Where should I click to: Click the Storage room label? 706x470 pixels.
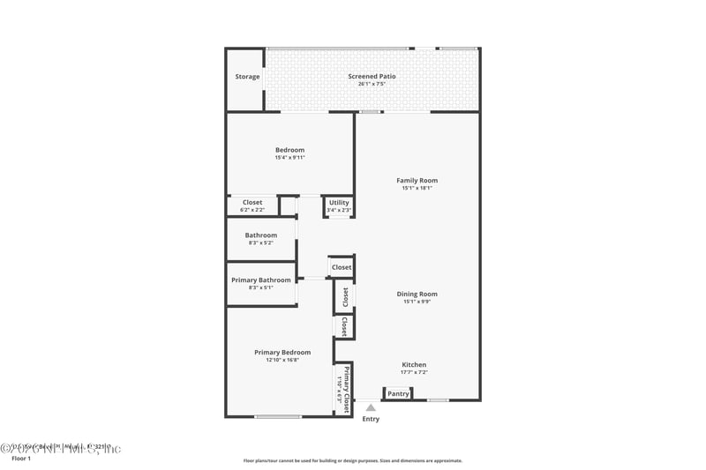tap(247, 77)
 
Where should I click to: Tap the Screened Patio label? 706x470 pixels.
tap(372, 77)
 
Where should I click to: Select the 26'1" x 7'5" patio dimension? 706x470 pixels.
tap(372, 85)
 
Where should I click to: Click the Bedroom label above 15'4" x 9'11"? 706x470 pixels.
tap(289, 150)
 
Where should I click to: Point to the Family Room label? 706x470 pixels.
tap(417, 181)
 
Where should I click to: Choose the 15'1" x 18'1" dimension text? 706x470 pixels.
tap(417, 188)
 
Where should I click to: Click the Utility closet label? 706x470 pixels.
tap(339, 203)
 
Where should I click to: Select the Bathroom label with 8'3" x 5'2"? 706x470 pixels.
tap(261, 235)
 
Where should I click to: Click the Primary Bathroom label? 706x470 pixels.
tap(261, 280)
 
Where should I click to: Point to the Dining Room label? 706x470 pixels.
tap(417, 295)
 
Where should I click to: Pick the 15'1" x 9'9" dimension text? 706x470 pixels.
tap(417, 302)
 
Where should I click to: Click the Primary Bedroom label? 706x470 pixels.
tap(282, 353)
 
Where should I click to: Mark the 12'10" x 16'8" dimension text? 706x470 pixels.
tap(282, 360)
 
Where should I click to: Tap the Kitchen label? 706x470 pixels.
tap(414, 365)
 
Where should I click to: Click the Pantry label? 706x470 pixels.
tap(398, 394)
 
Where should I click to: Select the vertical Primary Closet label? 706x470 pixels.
tap(348, 388)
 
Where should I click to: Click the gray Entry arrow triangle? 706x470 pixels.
tap(371, 407)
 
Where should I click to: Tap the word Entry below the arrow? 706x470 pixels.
tap(371, 419)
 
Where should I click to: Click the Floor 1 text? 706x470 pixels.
tap(20, 459)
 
